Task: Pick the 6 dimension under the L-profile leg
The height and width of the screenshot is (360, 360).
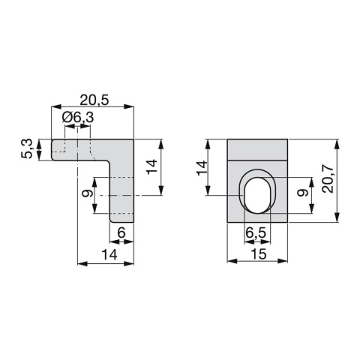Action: point(121,234)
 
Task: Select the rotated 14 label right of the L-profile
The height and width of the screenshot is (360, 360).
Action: point(151,166)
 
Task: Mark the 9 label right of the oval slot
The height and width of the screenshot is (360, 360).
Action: point(301,193)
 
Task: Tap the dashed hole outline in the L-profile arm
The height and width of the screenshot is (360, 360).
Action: point(77,145)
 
